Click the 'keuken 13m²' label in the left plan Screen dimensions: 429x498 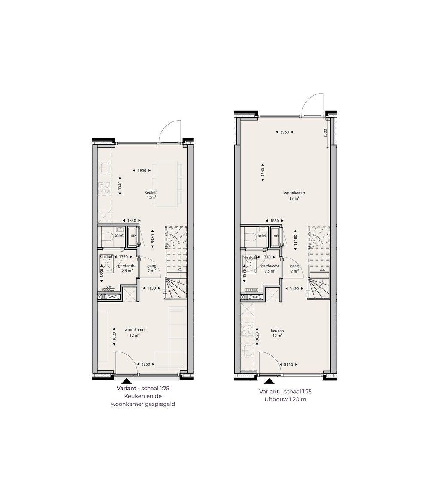pos(151,194)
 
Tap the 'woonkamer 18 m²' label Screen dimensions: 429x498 pos(294,195)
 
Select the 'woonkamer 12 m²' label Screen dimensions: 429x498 pos(135,332)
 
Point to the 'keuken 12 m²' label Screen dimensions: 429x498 pos(277,333)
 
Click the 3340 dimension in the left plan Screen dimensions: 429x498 pos(120,186)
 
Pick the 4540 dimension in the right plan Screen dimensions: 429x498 pos(263,173)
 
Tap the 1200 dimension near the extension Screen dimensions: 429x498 pos(325,133)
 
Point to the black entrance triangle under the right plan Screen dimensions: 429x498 pos(269,381)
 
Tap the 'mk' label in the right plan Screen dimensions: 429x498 pos(276,236)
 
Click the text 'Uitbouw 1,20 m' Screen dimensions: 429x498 pos(286,400)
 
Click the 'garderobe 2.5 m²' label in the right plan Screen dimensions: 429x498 pos(270,268)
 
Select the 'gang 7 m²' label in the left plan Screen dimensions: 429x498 pos(152,268)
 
